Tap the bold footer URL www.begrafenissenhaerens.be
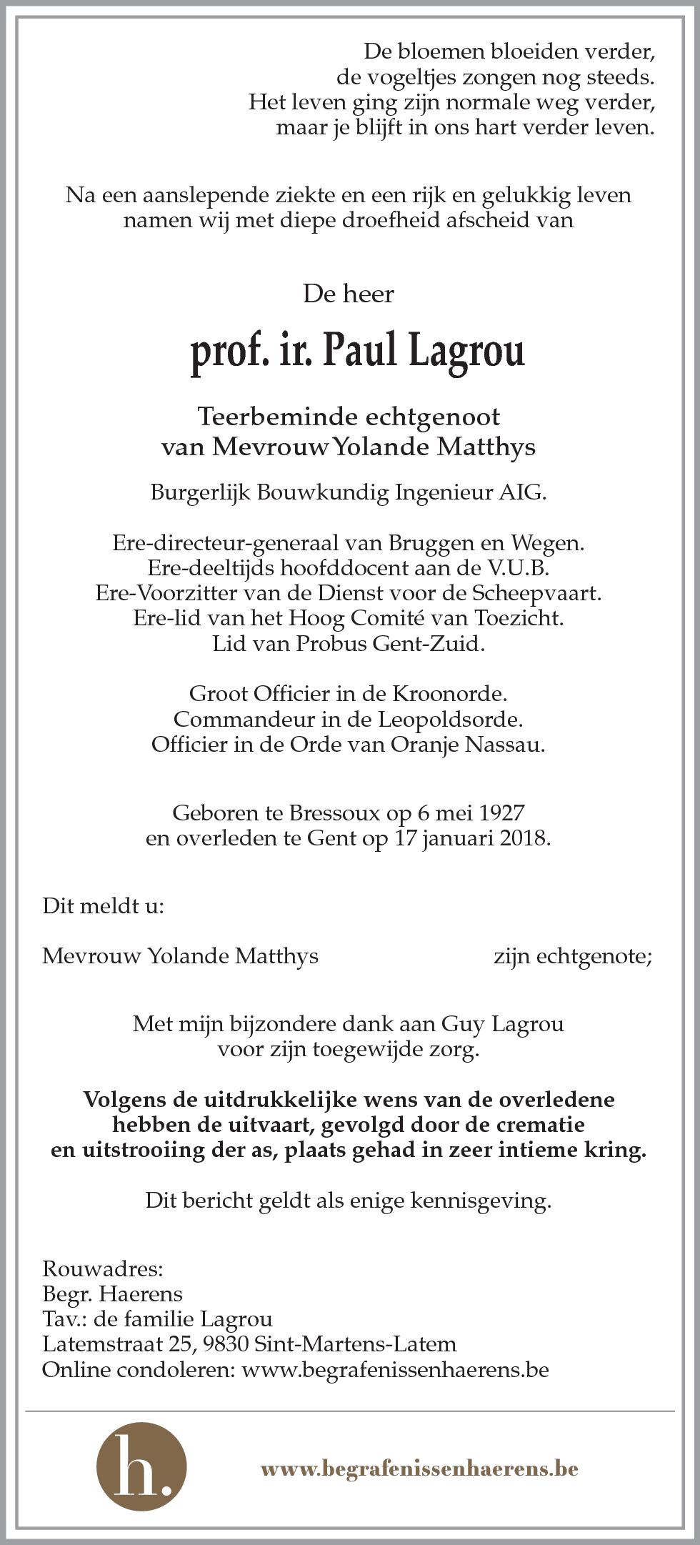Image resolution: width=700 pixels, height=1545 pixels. [x=419, y=1469]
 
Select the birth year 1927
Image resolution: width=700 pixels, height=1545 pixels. [x=501, y=813]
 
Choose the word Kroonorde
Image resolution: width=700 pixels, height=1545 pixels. [x=456, y=693]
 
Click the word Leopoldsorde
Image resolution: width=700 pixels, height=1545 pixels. [x=451, y=719]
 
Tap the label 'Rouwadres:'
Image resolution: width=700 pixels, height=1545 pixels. [x=103, y=1269]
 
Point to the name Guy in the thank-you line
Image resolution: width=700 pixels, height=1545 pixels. [x=463, y=1024]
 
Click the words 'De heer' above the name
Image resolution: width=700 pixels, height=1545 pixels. [x=349, y=294]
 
